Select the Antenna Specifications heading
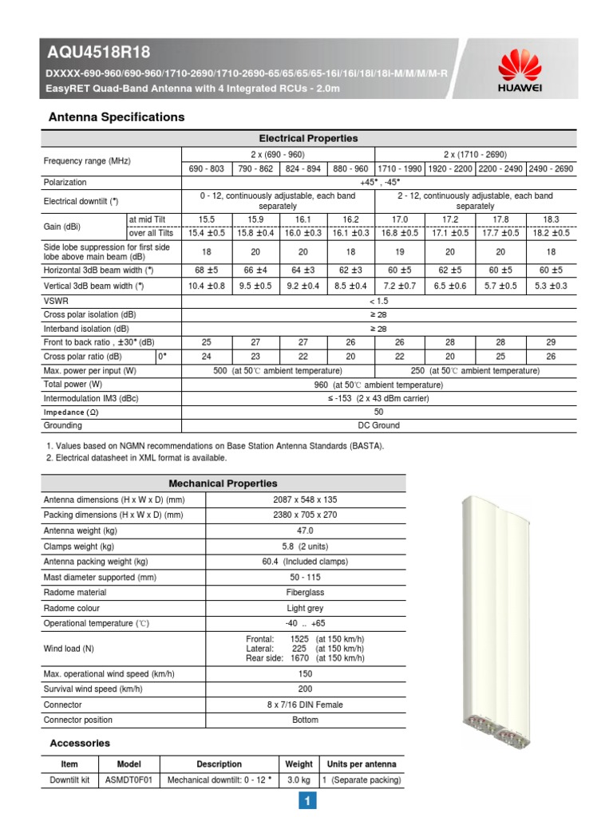pos(117,117)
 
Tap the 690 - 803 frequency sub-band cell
pos(207,169)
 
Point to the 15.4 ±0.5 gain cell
pos(207,233)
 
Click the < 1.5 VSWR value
pos(378,300)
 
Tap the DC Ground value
pos(378,425)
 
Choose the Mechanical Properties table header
pos(223,483)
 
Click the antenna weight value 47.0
pos(306,530)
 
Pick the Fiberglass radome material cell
pos(306,593)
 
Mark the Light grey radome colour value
pos(306,608)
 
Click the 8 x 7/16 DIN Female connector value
pos(306,705)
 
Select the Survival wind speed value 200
pos(306,689)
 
